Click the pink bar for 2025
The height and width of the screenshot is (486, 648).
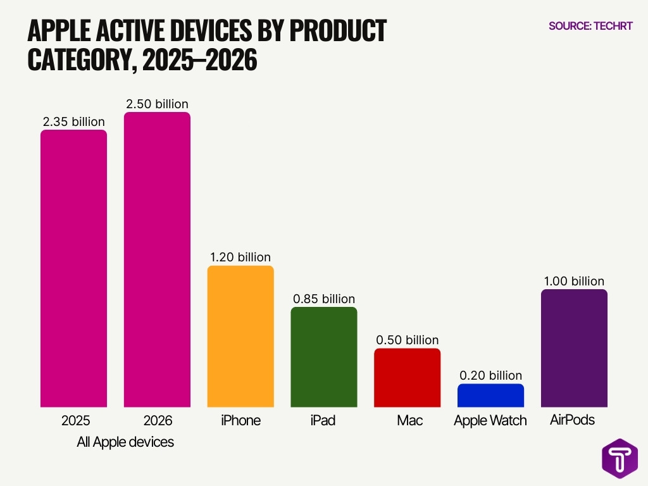[73, 268]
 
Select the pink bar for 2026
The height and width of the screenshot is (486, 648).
[157, 259]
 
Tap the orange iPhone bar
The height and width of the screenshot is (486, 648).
[240, 336]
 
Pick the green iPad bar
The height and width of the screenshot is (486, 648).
[324, 357]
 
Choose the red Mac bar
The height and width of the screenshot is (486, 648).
[407, 377]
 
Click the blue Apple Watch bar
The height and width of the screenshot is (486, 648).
[490, 395]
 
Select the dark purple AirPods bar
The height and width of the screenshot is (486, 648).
[574, 348]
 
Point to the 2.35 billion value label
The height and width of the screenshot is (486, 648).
[73, 121]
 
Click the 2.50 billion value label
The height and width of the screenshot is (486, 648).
[157, 104]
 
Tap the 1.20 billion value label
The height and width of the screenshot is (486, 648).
[240, 257]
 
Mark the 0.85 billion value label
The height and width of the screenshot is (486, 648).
[324, 299]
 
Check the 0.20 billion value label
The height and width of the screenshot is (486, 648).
[490, 375]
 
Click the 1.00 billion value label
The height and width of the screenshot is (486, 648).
[574, 281]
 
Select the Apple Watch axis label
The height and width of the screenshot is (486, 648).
[490, 421]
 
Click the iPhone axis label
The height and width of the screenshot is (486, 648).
[240, 420]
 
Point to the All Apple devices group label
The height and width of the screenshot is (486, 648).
[125, 442]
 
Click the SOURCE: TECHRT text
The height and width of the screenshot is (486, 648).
[590, 26]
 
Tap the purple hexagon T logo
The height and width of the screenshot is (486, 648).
[620, 458]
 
